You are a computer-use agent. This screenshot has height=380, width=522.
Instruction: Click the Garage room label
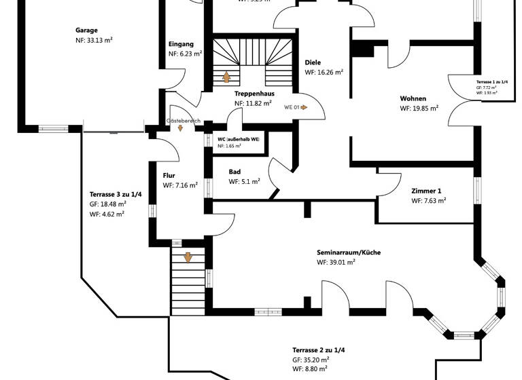pos(86,31)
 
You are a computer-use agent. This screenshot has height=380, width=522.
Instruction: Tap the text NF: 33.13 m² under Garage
pos(94,41)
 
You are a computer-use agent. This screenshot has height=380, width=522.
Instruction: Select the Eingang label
pos(181,44)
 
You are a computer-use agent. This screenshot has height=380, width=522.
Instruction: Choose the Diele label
pos(313,62)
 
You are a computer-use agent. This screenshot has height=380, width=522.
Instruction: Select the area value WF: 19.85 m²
pos(419,108)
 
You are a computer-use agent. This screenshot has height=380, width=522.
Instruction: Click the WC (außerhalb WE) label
pos(238,138)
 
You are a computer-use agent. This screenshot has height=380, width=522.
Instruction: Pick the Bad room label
pos(234,172)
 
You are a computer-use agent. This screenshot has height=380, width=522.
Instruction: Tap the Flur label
pos(169,175)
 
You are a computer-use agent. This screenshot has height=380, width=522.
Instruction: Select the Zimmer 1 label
pos(426,191)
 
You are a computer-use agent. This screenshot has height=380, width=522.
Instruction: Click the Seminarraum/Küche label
pos(348,252)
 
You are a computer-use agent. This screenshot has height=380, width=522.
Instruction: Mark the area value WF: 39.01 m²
pos(336,262)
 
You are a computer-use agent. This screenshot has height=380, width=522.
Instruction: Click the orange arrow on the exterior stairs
pos(188,258)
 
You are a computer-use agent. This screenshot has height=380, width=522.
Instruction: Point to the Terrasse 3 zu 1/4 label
pos(116,193)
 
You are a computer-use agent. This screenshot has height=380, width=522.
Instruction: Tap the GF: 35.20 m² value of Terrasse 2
pos(311,359)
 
